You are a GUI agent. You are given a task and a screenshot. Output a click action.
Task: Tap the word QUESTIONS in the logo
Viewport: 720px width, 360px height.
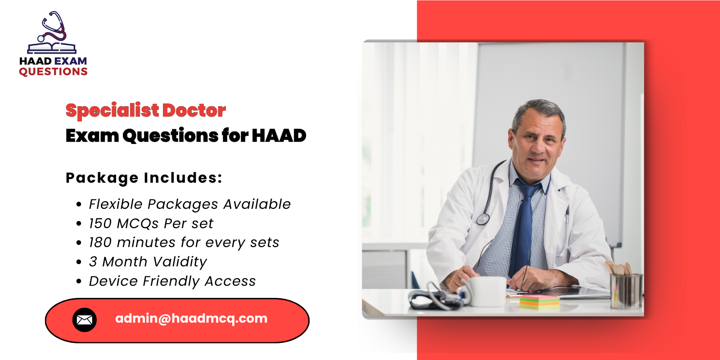53,72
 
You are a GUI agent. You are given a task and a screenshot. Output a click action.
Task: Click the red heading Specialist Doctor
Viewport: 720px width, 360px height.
145,110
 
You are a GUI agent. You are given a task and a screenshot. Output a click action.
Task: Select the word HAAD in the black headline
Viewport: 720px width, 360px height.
279,135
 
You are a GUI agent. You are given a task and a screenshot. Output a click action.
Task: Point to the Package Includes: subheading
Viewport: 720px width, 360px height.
144,178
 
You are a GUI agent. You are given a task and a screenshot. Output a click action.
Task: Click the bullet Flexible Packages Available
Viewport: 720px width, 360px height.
189,204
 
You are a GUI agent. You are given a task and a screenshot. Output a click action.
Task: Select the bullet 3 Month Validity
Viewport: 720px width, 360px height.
148,262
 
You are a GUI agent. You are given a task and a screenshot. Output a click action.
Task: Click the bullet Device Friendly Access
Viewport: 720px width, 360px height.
172,281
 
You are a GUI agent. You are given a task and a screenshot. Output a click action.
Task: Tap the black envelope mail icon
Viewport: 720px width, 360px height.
85,320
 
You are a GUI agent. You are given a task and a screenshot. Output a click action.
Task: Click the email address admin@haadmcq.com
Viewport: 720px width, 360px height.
191,319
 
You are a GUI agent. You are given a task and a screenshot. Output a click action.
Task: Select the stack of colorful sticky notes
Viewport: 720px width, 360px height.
539,301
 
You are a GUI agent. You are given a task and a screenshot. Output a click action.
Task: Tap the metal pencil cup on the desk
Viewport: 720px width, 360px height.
625,290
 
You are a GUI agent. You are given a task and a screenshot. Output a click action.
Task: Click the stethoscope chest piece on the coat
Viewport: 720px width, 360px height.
483,219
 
